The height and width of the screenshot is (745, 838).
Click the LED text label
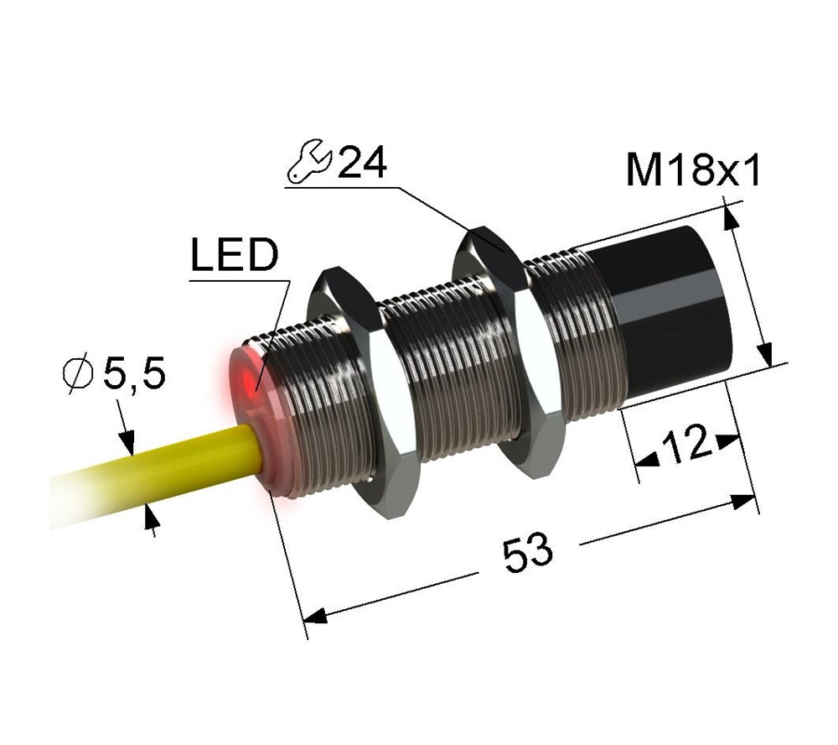tap(235, 255)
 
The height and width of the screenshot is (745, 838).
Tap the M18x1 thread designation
tap(693, 169)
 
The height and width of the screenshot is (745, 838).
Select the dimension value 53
tap(527, 552)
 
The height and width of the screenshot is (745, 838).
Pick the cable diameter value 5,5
tap(133, 373)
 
